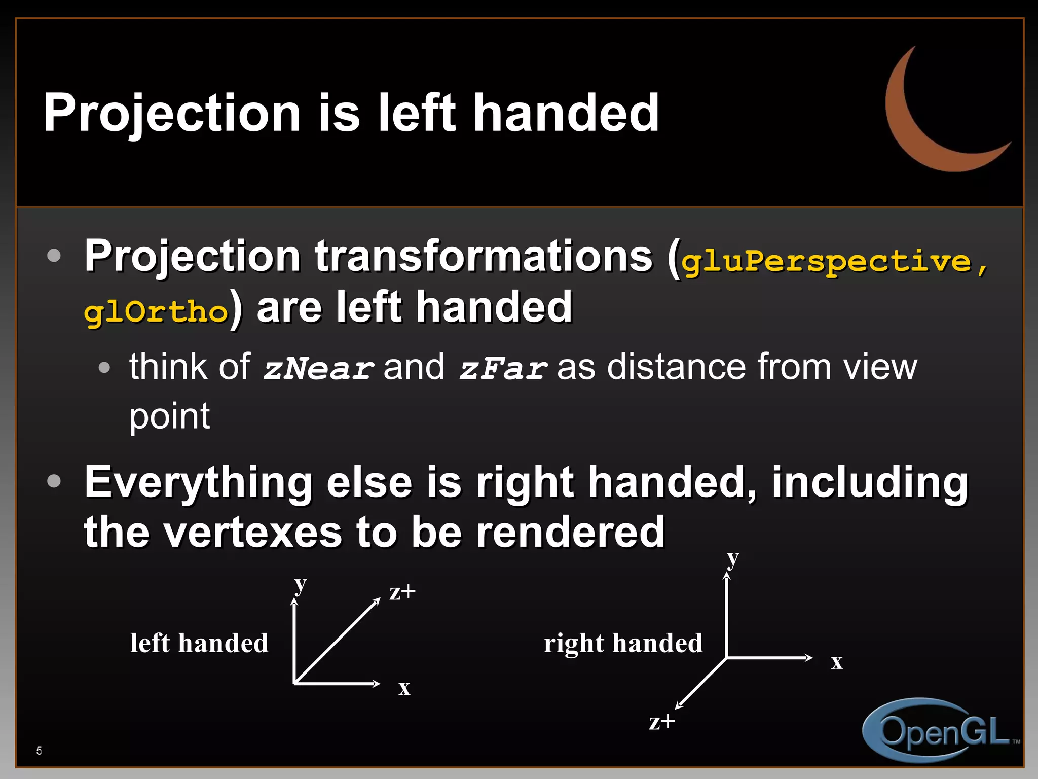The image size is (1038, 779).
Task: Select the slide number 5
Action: (39, 751)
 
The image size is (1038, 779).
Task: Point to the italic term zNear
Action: (318, 369)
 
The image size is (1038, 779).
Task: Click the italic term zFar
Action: (503, 369)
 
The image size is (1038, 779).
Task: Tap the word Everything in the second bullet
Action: (198, 483)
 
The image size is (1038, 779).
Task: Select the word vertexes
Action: (253, 533)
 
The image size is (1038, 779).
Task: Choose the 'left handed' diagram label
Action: (199, 643)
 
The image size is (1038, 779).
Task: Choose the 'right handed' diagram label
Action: (623, 643)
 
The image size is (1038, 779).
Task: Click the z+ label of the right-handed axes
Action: (662, 722)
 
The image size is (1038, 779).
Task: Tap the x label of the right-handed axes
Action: (837, 662)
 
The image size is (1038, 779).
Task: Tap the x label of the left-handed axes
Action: (404, 688)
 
